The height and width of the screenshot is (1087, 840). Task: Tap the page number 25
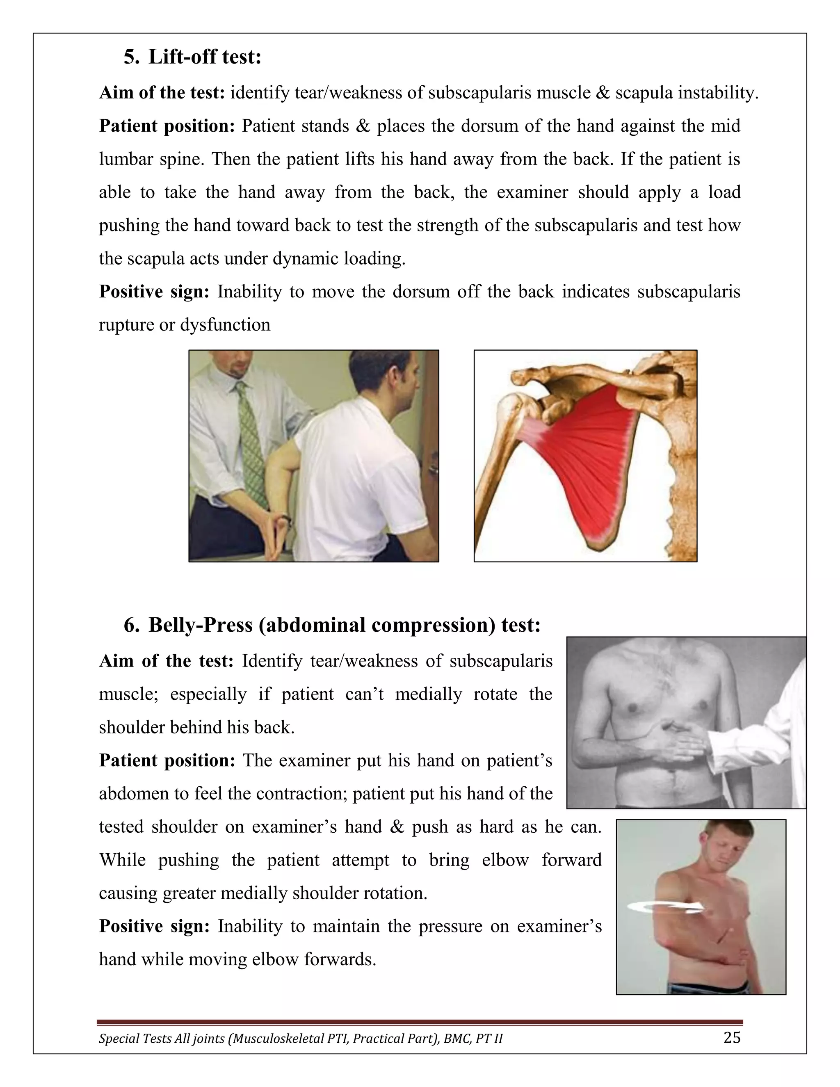[732, 1037]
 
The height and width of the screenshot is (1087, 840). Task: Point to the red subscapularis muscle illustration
[587, 458]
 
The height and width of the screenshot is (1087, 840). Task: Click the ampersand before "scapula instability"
[602, 93]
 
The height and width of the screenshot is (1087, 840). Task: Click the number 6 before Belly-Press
[131, 625]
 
